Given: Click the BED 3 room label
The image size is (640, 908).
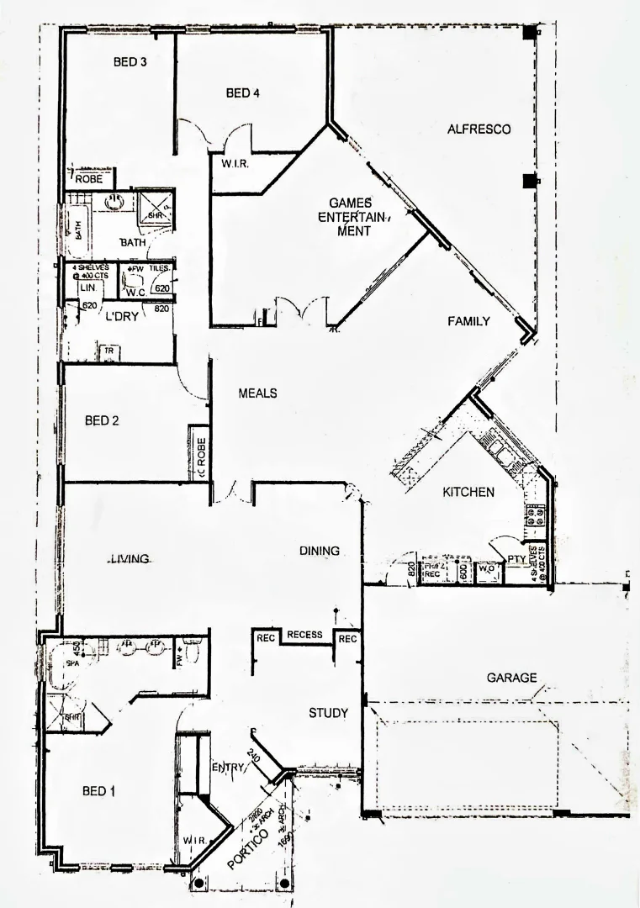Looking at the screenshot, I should pos(130,61).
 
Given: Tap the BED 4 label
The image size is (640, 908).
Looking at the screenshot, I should pos(243,93).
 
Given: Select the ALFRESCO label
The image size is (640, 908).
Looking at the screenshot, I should pos(479,129).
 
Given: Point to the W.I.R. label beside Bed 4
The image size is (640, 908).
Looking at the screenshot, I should pos(233,165).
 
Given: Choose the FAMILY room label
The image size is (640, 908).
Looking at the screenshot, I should pos(468,321).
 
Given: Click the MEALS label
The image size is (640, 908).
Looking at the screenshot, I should pos(257,393).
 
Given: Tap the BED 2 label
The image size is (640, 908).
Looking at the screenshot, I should pos(102,421).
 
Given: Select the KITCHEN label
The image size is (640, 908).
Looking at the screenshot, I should pos(468,492).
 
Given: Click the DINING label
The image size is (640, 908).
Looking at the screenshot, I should pos(320,551).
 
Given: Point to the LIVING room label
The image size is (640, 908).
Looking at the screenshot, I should pos(129,558).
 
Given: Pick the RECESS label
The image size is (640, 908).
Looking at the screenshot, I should pos(304,635).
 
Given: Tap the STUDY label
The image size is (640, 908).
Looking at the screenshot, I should pos(328,713).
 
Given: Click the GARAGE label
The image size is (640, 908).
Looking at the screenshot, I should pos(511,677).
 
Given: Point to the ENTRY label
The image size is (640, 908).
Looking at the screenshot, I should pos(228,768).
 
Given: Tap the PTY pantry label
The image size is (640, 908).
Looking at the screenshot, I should pos(516,558).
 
